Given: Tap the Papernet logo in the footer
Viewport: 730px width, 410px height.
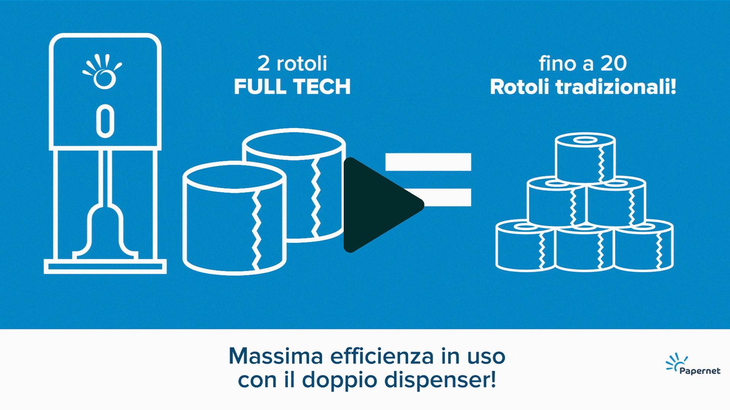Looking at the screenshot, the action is pyautogui.click(x=693, y=364).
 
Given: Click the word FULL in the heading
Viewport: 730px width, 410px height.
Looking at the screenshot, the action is pyautogui.click(x=260, y=87).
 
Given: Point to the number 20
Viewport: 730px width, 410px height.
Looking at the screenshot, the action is pyautogui.click(x=613, y=63).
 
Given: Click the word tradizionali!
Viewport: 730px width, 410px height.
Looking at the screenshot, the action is pyautogui.click(x=616, y=87).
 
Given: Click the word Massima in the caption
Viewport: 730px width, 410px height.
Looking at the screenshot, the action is pyautogui.click(x=276, y=356).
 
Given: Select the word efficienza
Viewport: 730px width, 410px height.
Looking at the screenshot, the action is pyautogui.click(x=382, y=356).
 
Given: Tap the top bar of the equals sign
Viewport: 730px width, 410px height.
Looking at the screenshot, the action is pyautogui.click(x=428, y=162).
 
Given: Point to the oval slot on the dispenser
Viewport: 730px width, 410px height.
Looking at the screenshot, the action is pyautogui.click(x=105, y=121).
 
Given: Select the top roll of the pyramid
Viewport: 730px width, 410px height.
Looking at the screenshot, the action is pyautogui.click(x=585, y=158).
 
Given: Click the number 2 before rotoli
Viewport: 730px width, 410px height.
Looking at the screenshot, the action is pyautogui.click(x=263, y=63).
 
